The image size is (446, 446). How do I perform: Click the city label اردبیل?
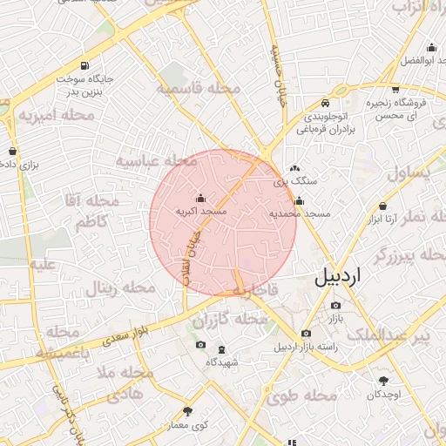click(334, 279)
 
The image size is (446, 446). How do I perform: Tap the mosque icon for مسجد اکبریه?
click(201, 198)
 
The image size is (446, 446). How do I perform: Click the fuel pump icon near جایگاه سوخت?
click(84, 66)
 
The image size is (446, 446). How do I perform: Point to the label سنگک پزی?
click(293, 182)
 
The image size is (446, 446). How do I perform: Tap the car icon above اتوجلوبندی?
click(325, 101)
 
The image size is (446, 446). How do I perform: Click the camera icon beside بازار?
click(336, 305)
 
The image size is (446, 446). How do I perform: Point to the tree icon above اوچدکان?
click(383, 380)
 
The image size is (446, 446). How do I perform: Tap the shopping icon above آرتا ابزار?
click(383, 206)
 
